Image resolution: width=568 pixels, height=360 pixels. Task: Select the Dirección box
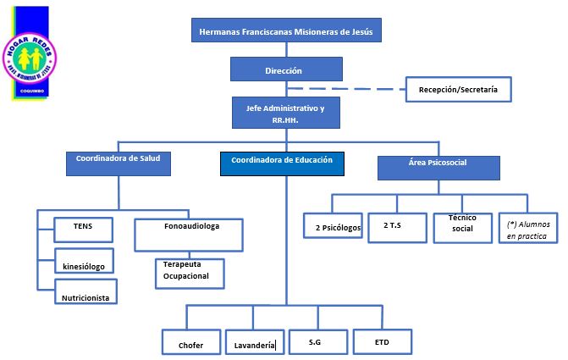click(286, 70)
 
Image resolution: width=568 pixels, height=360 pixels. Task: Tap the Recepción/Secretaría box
click(458, 89)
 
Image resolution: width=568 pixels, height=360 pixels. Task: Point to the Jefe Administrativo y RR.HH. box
click(286, 114)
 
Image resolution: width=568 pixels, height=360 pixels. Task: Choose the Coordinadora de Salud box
click(118, 163)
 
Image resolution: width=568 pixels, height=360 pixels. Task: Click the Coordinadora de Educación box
click(282, 163)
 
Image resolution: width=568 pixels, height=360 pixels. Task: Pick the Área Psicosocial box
click(438, 167)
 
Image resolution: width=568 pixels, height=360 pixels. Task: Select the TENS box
click(83, 230)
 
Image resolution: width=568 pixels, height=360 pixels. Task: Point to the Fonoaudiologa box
click(190, 235)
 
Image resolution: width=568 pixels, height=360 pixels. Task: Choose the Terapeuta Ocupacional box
click(193, 271)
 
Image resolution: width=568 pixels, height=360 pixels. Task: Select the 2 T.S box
click(397, 226)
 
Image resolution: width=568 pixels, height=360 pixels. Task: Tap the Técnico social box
click(462, 226)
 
